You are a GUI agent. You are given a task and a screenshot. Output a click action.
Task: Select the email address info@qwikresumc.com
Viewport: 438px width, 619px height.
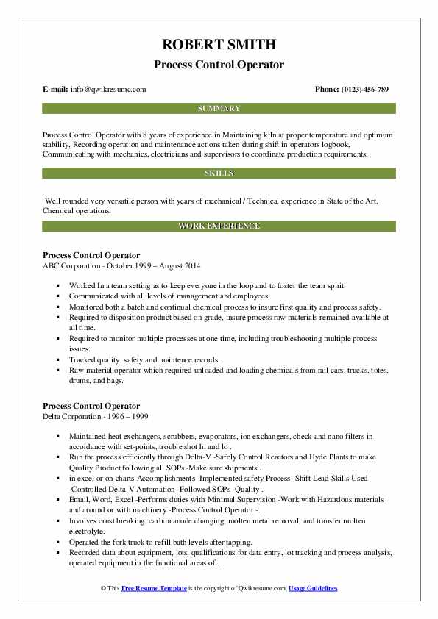tap(108, 89)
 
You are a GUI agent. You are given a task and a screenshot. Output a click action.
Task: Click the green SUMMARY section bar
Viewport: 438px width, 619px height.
tap(219, 108)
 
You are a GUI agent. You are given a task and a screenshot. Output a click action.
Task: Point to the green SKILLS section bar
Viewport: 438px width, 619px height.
tap(219, 173)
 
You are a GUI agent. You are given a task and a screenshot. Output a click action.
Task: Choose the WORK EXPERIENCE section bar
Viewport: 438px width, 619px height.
tap(219, 226)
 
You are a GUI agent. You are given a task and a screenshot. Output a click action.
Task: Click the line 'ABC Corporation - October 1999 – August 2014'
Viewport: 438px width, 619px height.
tap(121, 265)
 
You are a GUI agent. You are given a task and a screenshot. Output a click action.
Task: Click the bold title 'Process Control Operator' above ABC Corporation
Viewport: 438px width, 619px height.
tap(91, 255)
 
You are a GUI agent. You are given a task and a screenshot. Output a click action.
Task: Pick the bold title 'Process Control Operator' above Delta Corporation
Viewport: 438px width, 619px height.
tap(91, 406)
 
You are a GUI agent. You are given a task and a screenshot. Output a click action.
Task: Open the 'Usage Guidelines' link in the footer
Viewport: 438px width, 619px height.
tap(313, 589)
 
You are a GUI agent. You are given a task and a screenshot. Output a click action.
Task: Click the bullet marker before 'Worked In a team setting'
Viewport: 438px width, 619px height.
tap(57, 285)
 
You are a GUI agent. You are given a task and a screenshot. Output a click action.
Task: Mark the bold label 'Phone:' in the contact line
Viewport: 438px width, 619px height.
tap(327, 89)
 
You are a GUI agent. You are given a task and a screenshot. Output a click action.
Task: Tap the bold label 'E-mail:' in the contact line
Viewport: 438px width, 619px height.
tap(55, 89)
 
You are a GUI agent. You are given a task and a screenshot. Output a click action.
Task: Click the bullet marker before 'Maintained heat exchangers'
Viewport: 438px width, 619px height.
tap(57, 435)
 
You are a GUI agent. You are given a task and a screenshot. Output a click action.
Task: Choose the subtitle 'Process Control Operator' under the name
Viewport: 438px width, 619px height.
tap(219, 65)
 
